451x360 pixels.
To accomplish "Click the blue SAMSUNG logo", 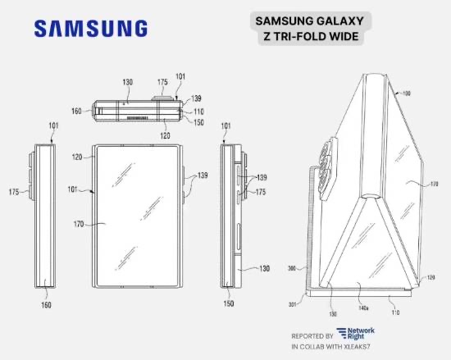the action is (x=91, y=29).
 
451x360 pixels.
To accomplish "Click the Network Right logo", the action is (x=356, y=334).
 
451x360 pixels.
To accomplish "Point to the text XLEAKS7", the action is (x=356, y=347).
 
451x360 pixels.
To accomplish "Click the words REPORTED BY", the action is (x=312, y=336).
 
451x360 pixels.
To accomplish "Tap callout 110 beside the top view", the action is (x=198, y=112).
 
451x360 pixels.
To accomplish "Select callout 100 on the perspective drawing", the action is (x=406, y=93).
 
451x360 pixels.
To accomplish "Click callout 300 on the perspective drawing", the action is (x=292, y=268).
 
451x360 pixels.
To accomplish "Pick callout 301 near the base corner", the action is (x=292, y=304).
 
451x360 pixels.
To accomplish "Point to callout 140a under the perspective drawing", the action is (x=363, y=308).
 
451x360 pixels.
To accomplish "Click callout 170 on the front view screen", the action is (x=79, y=224).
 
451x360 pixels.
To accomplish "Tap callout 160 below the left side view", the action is (x=46, y=305).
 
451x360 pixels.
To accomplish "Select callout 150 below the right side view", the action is (x=229, y=303).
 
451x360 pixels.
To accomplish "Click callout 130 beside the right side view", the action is (x=264, y=268).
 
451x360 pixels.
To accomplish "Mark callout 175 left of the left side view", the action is (x=14, y=192).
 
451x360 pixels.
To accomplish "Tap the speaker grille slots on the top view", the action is (x=138, y=118).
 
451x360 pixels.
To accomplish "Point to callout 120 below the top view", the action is (x=165, y=135).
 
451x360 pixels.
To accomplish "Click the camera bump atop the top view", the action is (x=162, y=98).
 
